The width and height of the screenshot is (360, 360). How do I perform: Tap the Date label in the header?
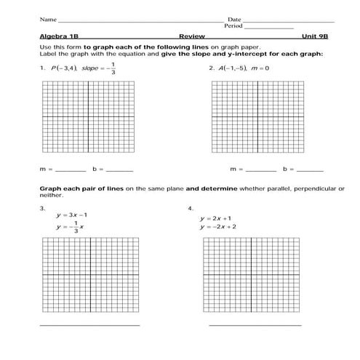pos(234,19)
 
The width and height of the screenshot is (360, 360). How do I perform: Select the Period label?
pos(233,25)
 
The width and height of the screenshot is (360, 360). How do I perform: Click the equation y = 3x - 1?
pos(72,215)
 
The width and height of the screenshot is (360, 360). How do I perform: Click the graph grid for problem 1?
pos(89,120)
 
